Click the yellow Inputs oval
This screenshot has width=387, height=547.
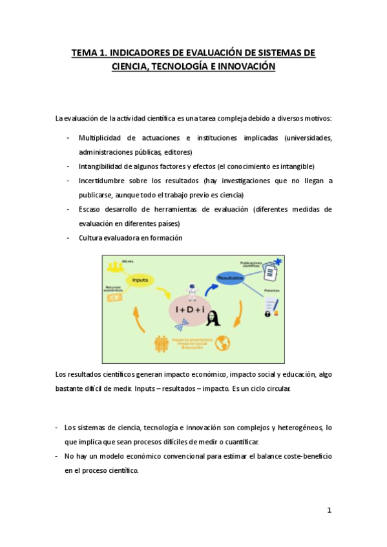[x=141, y=280]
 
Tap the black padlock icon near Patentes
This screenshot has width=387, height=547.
[x=266, y=313]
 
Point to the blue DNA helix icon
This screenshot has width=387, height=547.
[x=277, y=262]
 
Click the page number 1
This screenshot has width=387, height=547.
[x=329, y=510]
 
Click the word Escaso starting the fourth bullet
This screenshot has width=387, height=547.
[x=91, y=209]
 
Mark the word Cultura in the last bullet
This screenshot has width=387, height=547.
[x=92, y=237]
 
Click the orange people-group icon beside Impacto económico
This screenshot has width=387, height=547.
[x=162, y=344]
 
